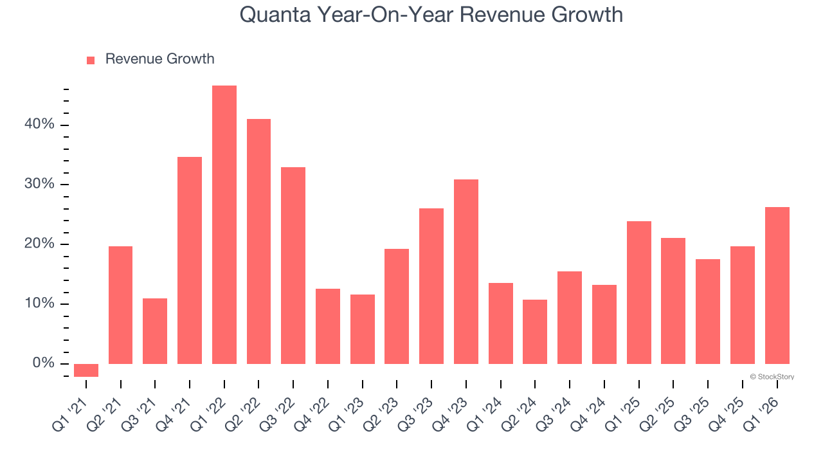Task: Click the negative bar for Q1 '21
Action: coord(86,370)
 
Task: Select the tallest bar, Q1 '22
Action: coord(224,225)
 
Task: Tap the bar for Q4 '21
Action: coord(190,260)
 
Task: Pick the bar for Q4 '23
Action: coord(466,271)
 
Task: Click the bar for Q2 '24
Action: coord(535,332)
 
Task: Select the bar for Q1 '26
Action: coord(777,286)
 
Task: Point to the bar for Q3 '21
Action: coord(155,331)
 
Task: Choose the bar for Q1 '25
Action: coord(639,293)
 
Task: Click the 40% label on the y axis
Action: coord(40,125)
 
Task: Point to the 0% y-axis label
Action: coord(44,364)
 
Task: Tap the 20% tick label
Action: coord(40,244)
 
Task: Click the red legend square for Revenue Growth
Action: coord(91,60)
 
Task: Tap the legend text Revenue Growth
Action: coord(159,59)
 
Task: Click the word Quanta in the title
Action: coord(275,15)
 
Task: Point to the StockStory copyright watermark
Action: coord(772,377)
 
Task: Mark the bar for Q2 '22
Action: coord(258,241)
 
